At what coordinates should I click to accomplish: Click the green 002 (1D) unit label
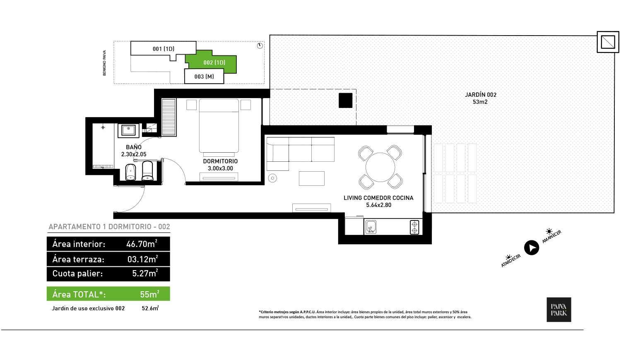tap(214, 63)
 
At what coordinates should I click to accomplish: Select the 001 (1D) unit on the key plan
tap(164, 49)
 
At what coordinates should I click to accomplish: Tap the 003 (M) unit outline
tap(204, 77)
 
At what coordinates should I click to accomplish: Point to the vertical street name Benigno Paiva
tap(104, 63)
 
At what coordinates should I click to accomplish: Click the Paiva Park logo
tap(559, 309)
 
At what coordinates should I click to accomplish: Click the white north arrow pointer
tap(532, 248)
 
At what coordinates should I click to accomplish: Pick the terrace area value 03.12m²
tap(142, 259)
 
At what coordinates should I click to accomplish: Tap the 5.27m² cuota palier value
tap(145, 273)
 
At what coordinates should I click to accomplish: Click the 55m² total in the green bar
tap(149, 294)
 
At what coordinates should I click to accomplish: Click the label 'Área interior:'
tap(79, 244)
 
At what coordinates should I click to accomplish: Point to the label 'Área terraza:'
tap(78, 259)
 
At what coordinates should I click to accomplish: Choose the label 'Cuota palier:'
tap(77, 273)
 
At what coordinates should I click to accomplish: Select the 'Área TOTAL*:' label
tap(79, 295)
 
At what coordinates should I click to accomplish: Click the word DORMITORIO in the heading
tap(130, 227)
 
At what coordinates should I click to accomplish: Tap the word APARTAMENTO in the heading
tap(75, 227)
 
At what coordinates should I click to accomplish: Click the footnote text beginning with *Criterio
tap(364, 314)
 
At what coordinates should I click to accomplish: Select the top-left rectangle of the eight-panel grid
tap(438, 158)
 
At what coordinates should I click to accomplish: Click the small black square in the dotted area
tap(345, 100)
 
